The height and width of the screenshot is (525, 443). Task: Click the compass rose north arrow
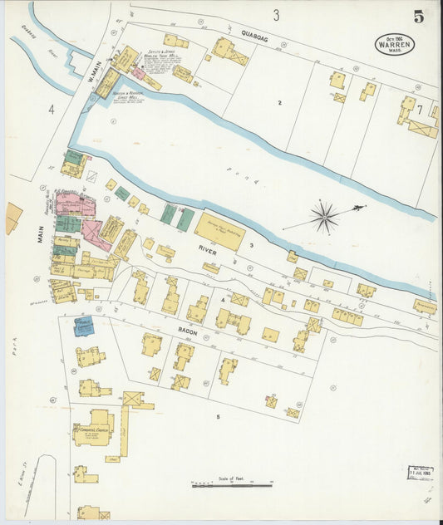coord(324,217)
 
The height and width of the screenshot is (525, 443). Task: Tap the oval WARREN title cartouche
coord(394,43)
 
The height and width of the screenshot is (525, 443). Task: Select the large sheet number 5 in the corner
coord(418,16)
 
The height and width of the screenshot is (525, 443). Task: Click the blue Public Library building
coord(83,326)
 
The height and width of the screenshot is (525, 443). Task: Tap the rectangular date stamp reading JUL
coord(421,473)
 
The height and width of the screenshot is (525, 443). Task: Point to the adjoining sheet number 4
coord(51,109)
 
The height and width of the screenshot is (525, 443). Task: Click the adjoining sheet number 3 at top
coord(276,14)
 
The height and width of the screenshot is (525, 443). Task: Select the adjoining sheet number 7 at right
coord(420,109)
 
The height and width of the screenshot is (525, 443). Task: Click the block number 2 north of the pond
coord(280,102)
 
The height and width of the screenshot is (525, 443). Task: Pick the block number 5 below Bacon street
coord(219,415)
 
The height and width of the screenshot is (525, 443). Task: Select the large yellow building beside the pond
coord(220,230)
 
